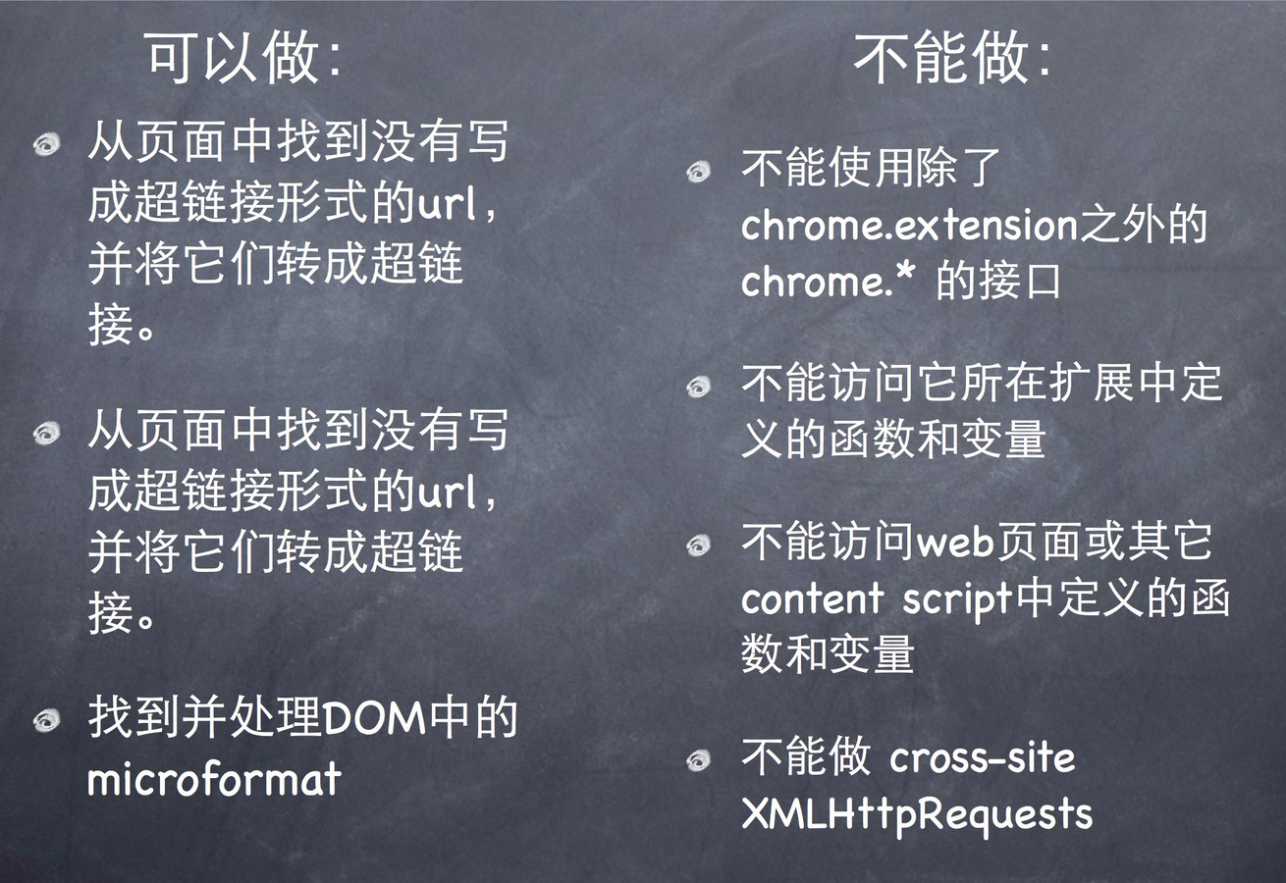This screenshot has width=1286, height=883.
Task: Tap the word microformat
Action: (214, 779)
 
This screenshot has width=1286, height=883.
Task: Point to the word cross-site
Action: (982, 758)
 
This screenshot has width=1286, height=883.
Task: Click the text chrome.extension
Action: (909, 225)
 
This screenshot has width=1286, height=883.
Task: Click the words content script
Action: (878, 599)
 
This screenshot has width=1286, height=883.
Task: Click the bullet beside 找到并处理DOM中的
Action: (47, 719)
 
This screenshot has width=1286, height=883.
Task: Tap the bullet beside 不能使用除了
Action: (699, 171)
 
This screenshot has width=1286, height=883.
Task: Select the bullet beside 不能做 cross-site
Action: (699, 760)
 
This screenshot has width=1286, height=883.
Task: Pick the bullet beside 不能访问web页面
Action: (699, 545)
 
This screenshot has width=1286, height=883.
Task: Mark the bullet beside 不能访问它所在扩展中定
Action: (699, 387)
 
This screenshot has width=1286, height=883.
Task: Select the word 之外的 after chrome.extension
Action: (1143, 224)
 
